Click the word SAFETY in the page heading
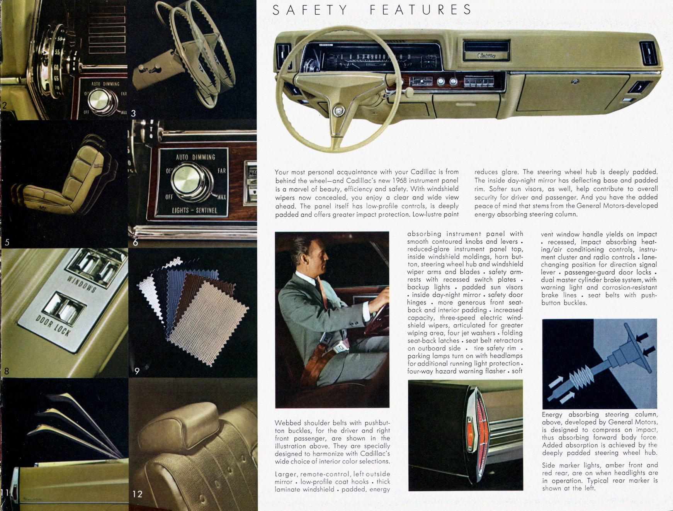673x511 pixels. [x=310, y=10]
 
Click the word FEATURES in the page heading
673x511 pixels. [x=421, y=10]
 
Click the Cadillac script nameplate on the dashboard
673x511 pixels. [x=487, y=56]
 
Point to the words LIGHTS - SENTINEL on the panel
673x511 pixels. [x=194, y=211]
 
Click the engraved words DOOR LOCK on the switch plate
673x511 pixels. [x=53, y=325]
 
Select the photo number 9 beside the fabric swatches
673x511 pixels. [x=137, y=371]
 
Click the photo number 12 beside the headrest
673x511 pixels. [x=137, y=494]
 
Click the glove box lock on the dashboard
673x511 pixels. [x=576, y=81]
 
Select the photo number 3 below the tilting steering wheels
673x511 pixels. [x=133, y=113]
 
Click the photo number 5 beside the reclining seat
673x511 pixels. [x=7, y=243]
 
